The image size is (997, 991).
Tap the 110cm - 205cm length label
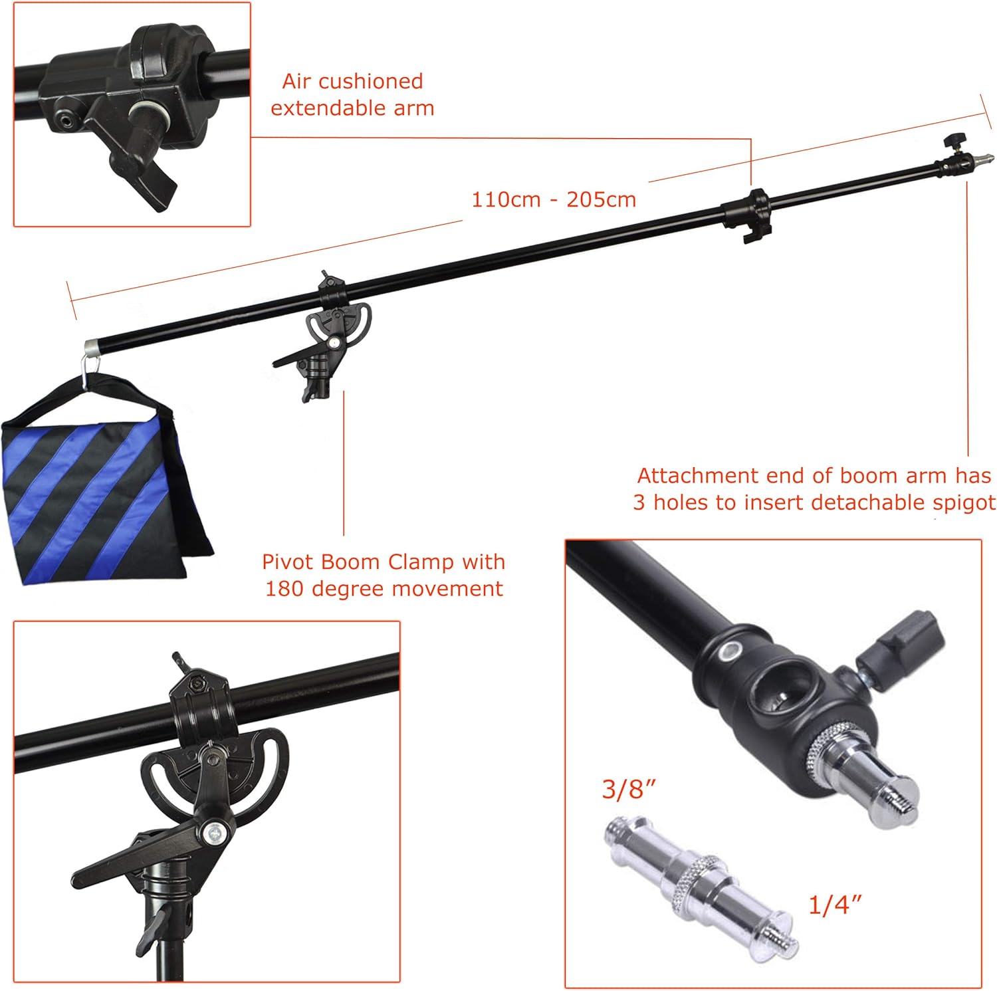pos(553,199)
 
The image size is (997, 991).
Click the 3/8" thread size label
pos(628,789)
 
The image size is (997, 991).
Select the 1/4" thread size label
pos(834,905)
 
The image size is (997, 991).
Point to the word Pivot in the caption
pos(288,562)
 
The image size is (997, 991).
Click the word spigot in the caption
pos(963,502)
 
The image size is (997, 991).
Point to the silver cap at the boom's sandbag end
pos(92,346)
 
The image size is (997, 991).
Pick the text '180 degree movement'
pos(384,589)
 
